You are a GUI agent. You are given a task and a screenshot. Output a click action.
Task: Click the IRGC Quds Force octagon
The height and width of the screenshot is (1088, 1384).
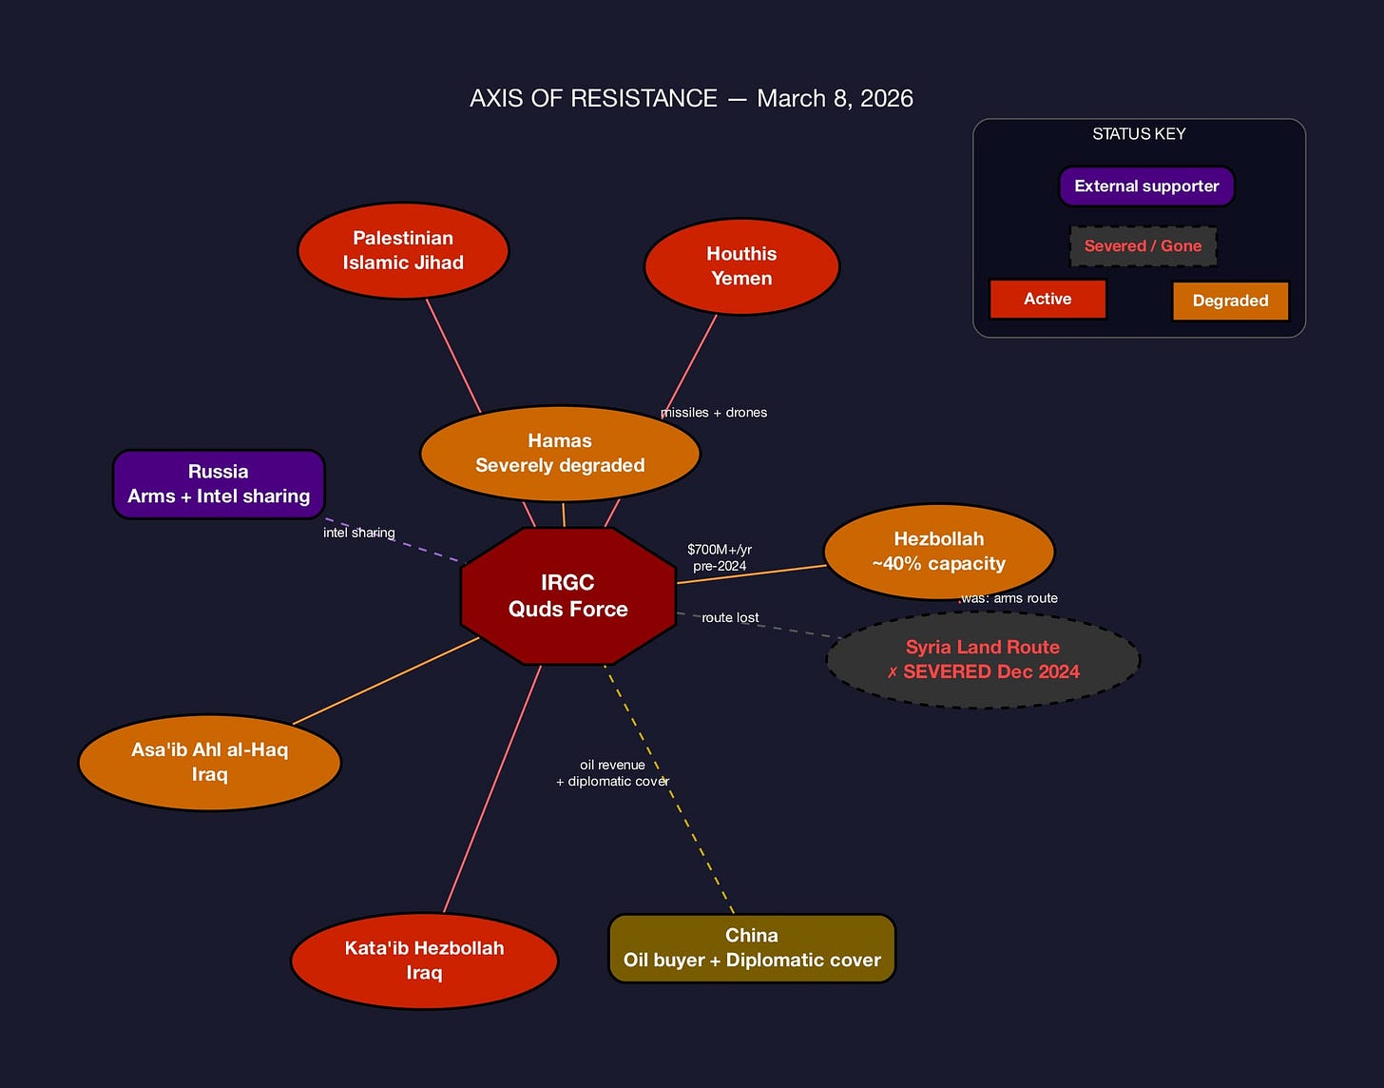(x=567, y=595)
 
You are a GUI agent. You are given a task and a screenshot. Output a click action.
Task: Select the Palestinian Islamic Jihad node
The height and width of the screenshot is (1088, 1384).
(x=403, y=250)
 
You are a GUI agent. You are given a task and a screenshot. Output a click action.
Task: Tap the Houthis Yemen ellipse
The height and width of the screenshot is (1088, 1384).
(x=741, y=266)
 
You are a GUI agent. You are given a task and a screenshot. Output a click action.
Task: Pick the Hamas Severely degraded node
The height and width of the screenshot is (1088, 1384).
(x=560, y=454)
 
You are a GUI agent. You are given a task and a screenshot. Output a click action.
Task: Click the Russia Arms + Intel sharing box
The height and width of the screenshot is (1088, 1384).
(x=219, y=484)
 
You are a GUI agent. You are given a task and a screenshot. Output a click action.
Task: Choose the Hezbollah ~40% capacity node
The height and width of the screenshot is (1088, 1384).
(x=938, y=552)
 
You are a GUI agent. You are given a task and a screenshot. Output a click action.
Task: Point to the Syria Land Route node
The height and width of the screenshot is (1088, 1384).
(x=982, y=659)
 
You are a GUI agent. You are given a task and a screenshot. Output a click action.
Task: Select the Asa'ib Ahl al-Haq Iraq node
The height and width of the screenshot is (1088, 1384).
(x=209, y=762)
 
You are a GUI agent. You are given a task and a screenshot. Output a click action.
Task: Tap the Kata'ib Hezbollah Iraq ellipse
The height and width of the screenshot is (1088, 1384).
(x=424, y=961)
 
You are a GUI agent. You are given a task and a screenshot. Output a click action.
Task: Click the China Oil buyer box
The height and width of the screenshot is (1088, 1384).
(x=752, y=948)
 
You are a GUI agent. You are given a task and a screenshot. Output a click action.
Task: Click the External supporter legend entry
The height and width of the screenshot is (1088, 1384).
(x=1146, y=186)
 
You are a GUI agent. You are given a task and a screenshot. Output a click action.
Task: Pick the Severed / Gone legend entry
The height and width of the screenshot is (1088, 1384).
(x=1143, y=246)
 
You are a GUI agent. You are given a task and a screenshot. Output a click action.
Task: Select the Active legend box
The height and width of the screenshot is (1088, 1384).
(x=1048, y=299)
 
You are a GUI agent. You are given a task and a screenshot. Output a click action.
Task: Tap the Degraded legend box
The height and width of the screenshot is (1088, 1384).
(x=1230, y=301)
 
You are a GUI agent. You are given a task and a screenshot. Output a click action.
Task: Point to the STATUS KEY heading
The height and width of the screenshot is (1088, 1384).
(x=1139, y=134)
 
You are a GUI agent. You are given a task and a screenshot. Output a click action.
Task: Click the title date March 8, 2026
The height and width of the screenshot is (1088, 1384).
(x=835, y=99)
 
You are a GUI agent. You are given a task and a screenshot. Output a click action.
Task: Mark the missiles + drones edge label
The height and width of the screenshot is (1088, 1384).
(x=714, y=413)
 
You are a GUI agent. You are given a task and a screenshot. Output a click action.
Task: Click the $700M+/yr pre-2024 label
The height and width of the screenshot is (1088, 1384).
(x=720, y=557)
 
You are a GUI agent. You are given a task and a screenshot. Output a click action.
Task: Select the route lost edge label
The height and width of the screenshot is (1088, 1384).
(x=730, y=618)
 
